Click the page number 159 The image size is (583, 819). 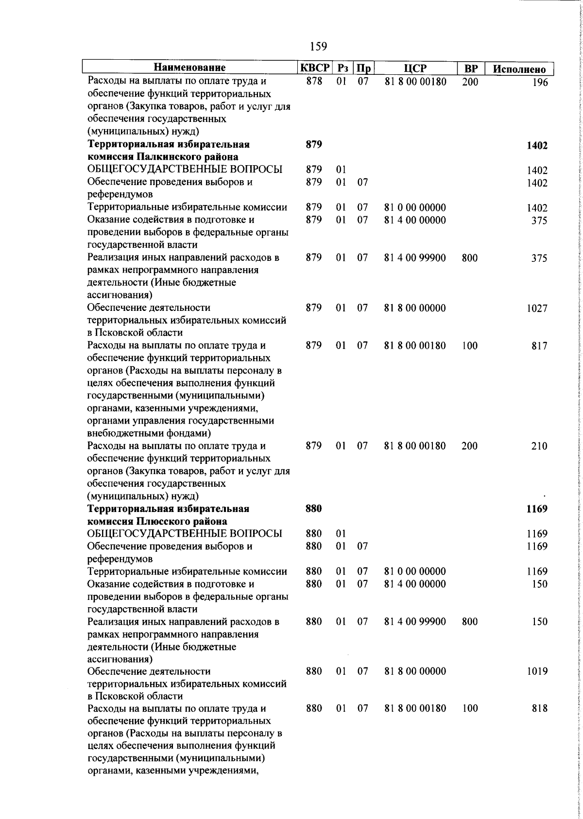tap(318, 47)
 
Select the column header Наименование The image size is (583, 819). tap(190, 68)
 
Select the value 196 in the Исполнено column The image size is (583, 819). tap(539, 83)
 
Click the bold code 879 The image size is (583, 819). tap(314, 145)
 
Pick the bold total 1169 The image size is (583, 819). tap(537, 509)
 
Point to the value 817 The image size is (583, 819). tap(539, 346)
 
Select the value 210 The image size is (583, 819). tap(539, 446)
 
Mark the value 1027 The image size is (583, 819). tap(537, 308)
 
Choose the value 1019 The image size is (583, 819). tap(537, 672)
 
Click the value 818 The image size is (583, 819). tap(539, 709)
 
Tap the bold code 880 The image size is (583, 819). tap(314, 509)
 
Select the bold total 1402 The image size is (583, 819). tap(537, 146)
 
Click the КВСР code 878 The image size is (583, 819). tap(314, 82)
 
